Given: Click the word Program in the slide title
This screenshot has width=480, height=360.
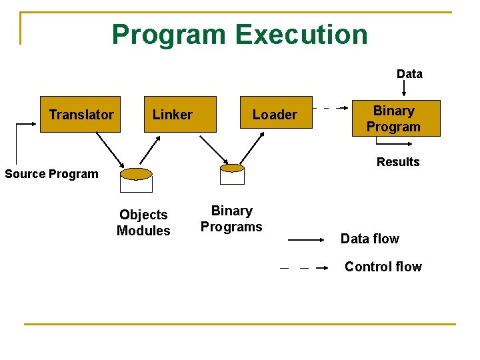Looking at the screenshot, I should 169,35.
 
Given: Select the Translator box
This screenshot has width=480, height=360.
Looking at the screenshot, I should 81,115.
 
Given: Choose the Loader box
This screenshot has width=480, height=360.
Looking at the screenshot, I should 275,115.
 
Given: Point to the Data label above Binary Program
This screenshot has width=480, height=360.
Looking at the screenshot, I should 409,74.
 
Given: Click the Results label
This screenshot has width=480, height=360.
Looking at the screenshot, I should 398,162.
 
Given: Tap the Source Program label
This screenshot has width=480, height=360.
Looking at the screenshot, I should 51,174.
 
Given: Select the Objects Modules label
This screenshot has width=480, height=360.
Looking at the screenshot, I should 143,223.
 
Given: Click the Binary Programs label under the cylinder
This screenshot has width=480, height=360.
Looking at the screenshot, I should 231,219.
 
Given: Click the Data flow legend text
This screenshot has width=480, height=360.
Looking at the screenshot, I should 369,239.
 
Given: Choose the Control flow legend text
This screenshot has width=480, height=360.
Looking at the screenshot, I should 383,267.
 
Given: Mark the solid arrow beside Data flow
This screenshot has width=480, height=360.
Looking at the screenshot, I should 309,239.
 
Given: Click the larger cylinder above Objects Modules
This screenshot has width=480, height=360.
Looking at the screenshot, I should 137,180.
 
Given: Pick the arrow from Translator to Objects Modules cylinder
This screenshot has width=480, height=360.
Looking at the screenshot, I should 109,151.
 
